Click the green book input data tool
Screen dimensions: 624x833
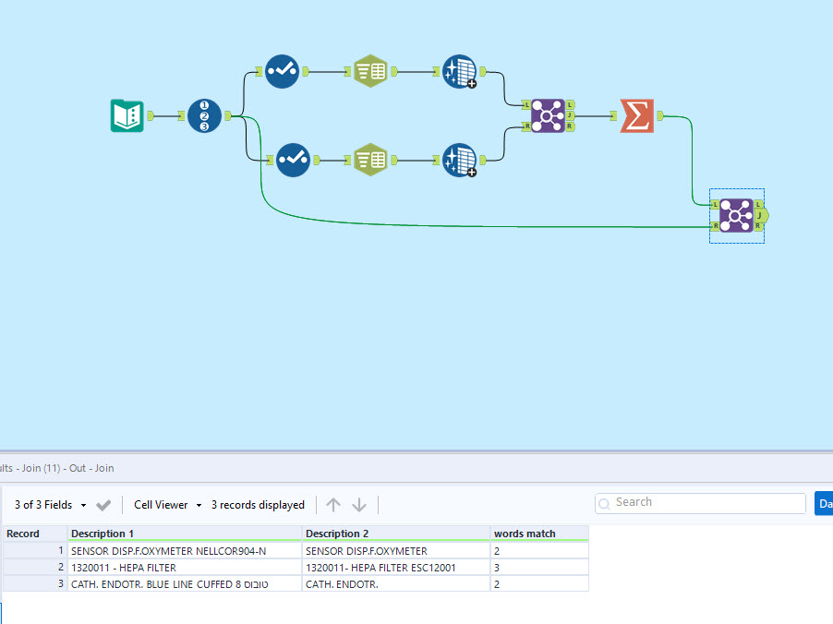click(127, 115)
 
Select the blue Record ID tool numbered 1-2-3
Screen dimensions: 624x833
click(204, 115)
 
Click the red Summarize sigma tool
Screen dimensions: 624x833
click(636, 115)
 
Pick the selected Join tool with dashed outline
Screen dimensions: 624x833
click(735, 215)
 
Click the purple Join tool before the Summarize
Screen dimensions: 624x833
click(548, 115)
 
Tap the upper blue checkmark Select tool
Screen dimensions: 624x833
click(282, 71)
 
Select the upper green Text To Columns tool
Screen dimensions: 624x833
click(369, 71)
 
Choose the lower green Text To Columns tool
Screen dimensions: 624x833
click(369, 160)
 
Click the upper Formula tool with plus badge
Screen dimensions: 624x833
click(459, 71)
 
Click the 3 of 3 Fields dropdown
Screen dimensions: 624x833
click(51, 505)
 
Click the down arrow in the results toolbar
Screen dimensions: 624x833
click(359, 505)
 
